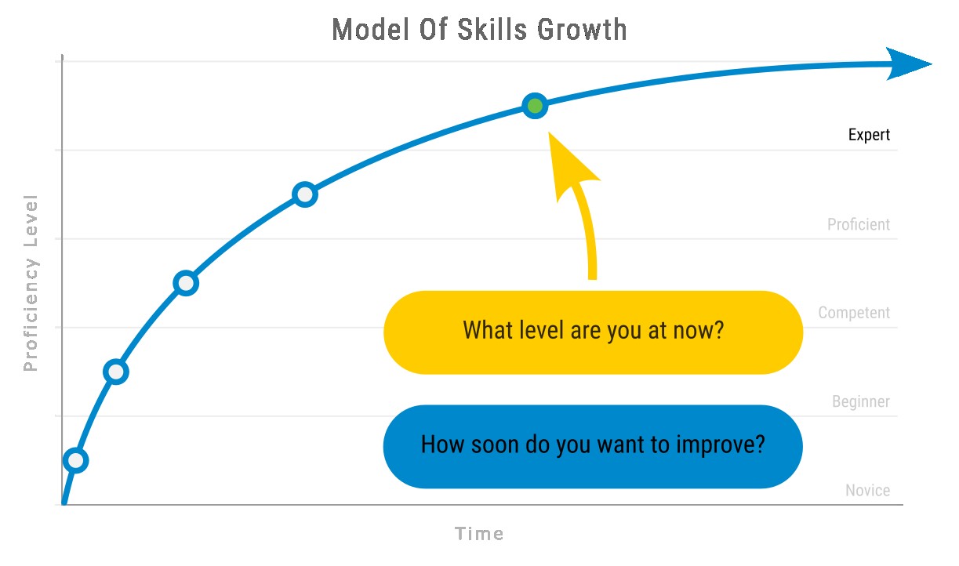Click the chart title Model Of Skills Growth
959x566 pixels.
(479, 30)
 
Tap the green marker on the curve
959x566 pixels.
(535, 106)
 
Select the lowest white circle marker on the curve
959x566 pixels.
(75, 460)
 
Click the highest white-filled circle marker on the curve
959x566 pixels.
(305, 194)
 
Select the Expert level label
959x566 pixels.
(869, 135)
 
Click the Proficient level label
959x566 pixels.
(858, 224)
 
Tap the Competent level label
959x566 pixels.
(854, 313)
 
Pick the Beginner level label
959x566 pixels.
(860, 402)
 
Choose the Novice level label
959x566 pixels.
(867, 491)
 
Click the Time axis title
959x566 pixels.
(479, 535)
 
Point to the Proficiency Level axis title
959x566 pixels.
(31, 282)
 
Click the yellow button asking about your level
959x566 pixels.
(593, 332)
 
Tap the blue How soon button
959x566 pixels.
(593, 446)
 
